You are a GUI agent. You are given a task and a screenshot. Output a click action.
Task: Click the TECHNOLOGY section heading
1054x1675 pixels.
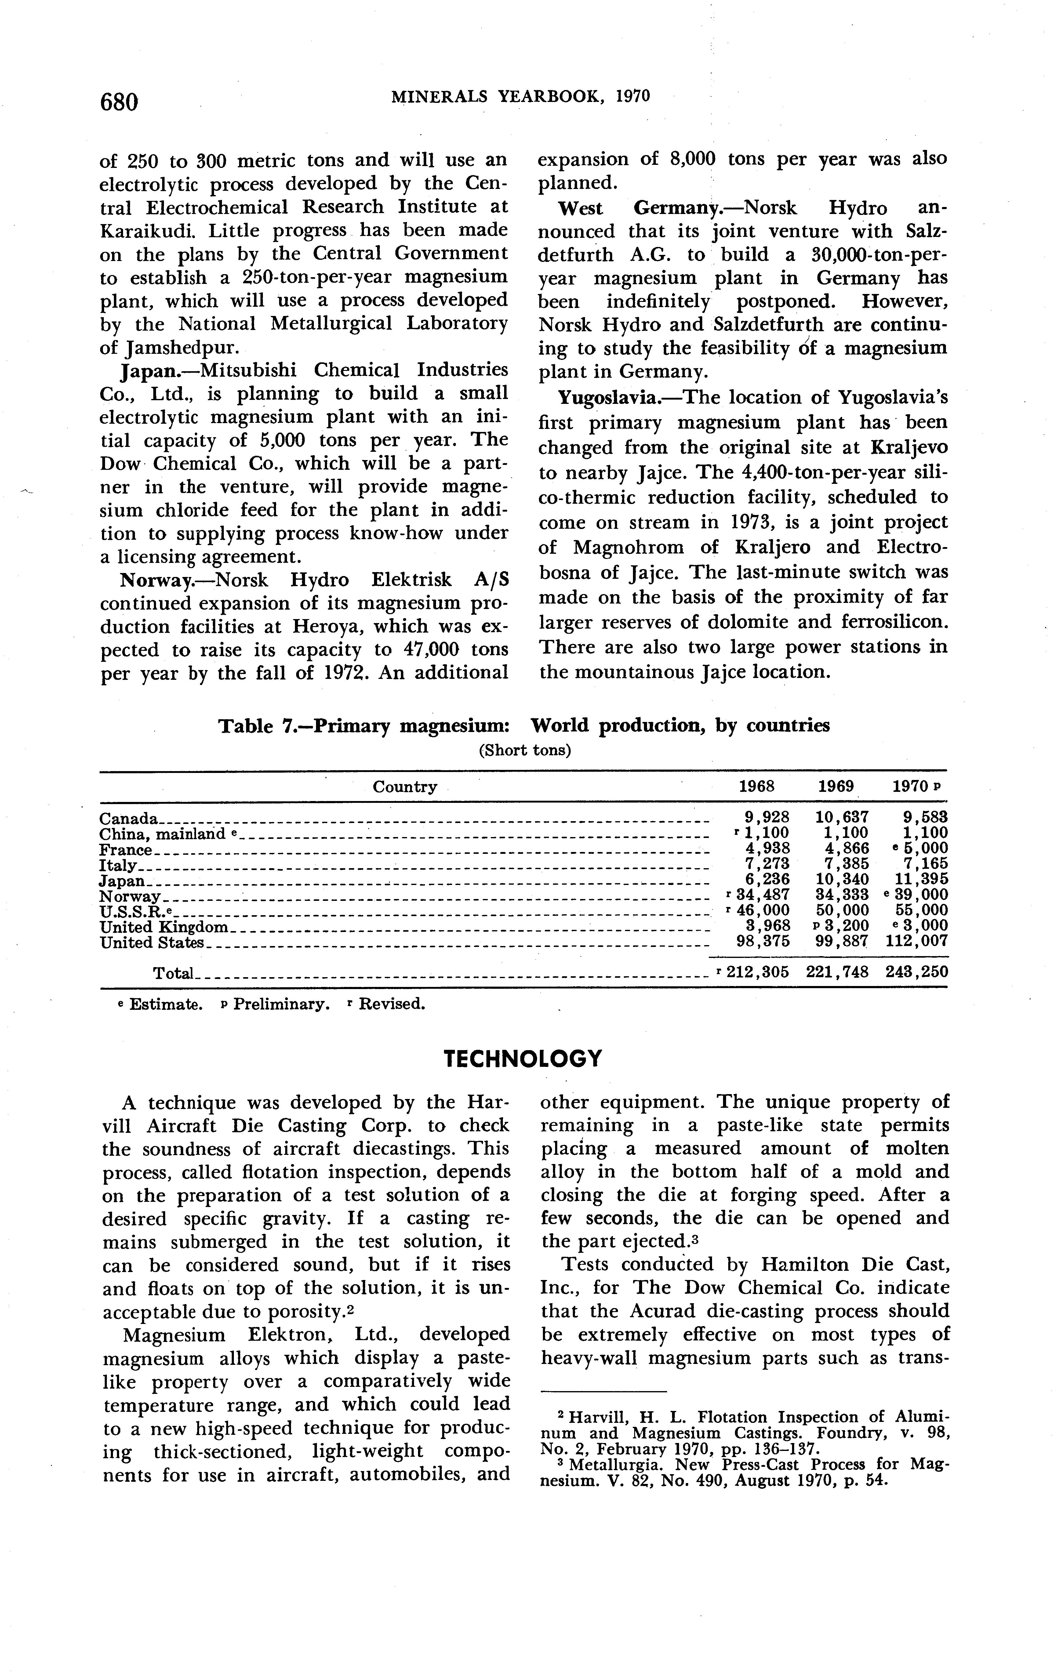[x=522, y=1059]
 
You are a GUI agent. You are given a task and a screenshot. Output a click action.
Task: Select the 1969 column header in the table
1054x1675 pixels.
[x=836, y=787]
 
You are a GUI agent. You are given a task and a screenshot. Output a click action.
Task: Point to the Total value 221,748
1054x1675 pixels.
[x=837, y=972]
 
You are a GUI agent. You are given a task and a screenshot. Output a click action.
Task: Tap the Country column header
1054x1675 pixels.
[x=405, y=787]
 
